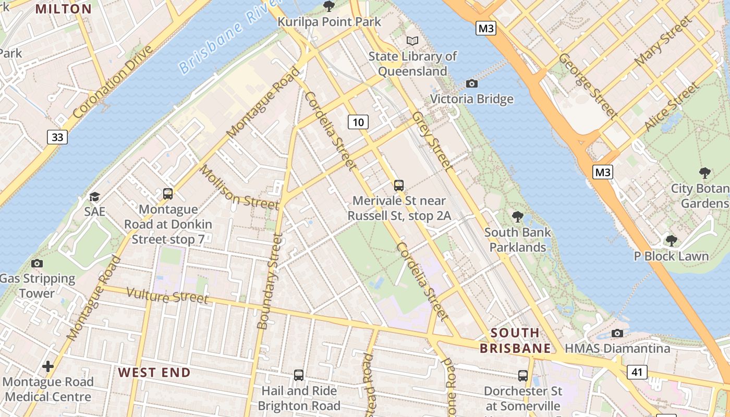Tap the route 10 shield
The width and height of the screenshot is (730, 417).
tap(358, 122)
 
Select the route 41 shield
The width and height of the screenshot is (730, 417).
tap(637, 372)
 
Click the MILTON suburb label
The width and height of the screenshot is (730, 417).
tap(64, 9)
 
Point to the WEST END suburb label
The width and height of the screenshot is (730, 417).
tap(154, 372)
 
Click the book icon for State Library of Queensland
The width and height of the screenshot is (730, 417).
tap(412, 41)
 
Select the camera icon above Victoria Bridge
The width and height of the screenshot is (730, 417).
tap(471, 83)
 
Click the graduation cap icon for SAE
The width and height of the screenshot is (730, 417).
tap(94, 197)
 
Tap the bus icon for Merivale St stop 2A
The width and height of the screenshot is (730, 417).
tap(399, 185)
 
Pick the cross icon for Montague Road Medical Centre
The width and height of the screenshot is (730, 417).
tap(48, 366)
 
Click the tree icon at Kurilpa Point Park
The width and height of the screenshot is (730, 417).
tap(329, 6)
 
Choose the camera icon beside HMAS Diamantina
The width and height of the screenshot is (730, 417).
tap(617, 333)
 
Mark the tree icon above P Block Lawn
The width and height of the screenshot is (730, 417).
tap(672, 240)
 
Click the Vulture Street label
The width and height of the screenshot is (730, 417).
tap(168, 296)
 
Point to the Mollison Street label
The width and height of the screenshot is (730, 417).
tap(239, 188)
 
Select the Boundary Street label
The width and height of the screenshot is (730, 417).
tap(270, 281)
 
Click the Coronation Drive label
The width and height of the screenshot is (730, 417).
tap(113, 82)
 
